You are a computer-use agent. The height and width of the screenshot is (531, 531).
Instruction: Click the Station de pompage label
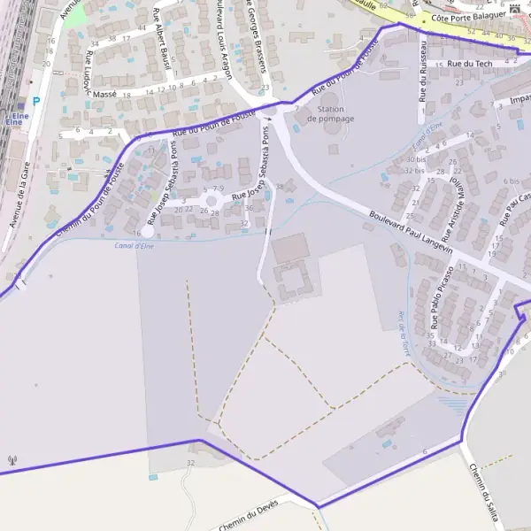pos(330,113)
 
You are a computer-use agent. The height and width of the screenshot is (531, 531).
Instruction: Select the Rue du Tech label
pos(469,64)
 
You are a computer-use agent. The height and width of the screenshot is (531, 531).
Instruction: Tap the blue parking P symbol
pos(36,102)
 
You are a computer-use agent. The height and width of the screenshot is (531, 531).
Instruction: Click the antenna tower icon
pos(12,460)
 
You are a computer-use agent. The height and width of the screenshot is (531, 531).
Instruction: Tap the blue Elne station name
pos(15,118)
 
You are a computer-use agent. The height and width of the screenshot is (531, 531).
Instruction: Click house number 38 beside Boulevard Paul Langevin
pos(280,187)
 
